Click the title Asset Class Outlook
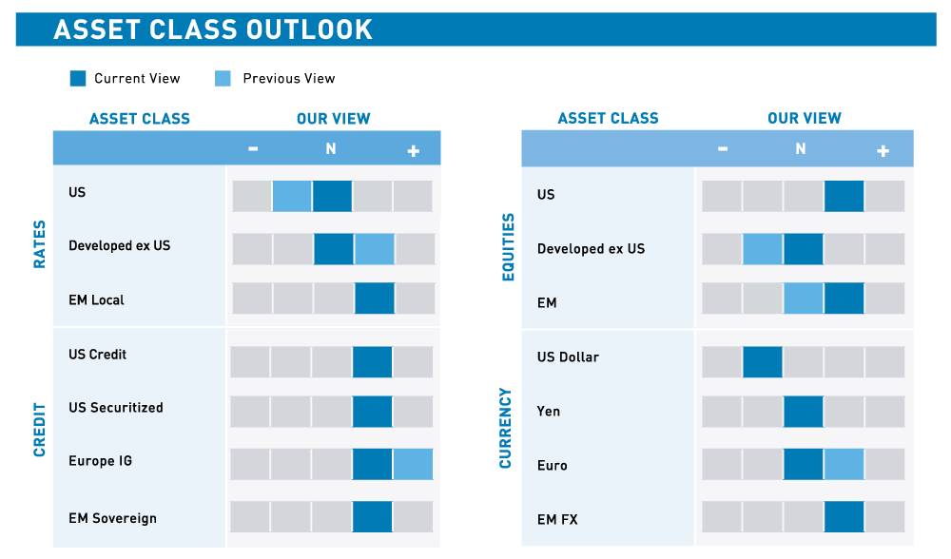click(213, 29)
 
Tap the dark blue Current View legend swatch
click(78, 78)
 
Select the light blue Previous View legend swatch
click(223, 78)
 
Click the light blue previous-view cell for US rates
click(292, 196)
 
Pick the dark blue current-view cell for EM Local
click(374, 299)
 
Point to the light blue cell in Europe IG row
click(413, 464)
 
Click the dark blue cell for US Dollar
click(763, 362)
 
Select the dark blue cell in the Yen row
click(804, 412)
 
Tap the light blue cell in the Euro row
click(844, 464)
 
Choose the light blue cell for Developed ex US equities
click(763, 248)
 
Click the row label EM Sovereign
click(112, 518)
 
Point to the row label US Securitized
click(115, 407)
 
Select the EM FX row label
click(557, 519)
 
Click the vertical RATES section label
click(40, 244)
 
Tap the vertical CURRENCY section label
click(506, 428)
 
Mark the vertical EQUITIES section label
click(508, 247)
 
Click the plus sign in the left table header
click(413, 150)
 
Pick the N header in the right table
click(801, 149)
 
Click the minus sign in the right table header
click(723, 149)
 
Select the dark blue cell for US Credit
click(372, 362)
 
